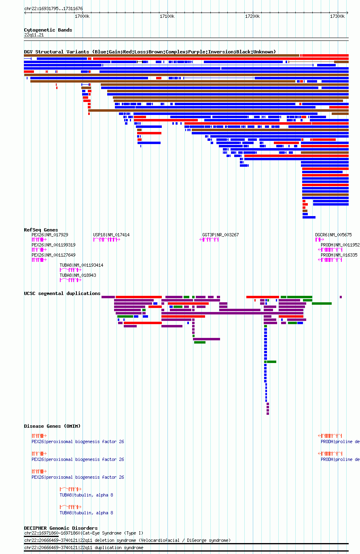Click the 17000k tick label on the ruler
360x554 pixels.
coord(82,16)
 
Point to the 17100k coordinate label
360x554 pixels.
coord(167,16)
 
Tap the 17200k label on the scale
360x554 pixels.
coord(252,16)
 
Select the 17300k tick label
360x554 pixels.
coord(337,16)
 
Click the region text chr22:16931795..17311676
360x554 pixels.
coord(53,8)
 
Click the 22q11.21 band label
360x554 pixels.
coord(34,35)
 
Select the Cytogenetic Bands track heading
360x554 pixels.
coord(48,30)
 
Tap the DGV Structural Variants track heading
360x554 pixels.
coord(150,52)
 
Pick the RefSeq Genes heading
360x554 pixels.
coord(41,230)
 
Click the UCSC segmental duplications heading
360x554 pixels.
coord(62,293)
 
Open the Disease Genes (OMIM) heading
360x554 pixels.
coord(52,426)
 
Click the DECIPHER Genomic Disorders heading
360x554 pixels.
coord(61,528)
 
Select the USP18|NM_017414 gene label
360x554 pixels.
coord(111,235)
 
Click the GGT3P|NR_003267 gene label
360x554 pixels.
coord(220,235)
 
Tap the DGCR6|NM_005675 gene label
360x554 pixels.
coord(333,235)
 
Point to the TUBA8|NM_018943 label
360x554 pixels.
coord(78,275)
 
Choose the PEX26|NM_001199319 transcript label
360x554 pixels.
coord(54,245)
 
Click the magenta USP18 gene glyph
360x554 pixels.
coord(107,240)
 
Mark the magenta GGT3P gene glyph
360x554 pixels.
coord(209,240)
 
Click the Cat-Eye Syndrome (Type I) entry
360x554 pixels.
coord(84,533)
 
